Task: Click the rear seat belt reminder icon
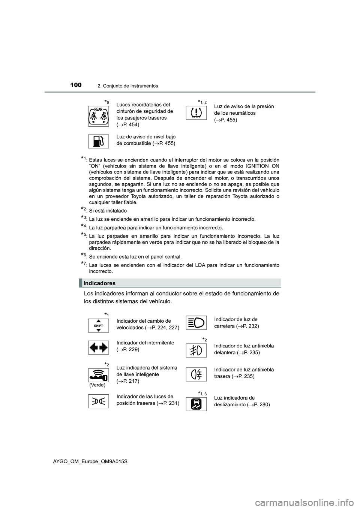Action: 99,116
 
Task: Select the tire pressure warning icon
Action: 196,113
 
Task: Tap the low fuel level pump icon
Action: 99,141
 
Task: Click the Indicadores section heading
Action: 100,283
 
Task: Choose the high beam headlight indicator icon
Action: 196,323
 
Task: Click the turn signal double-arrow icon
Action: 99,347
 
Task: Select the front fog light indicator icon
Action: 196,350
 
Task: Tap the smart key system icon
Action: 99,374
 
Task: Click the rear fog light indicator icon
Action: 196,374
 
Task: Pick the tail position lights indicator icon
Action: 99,401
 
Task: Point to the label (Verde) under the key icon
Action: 97,385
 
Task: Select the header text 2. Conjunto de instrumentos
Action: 127,86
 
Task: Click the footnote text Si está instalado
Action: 108,211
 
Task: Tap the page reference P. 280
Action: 259,405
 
